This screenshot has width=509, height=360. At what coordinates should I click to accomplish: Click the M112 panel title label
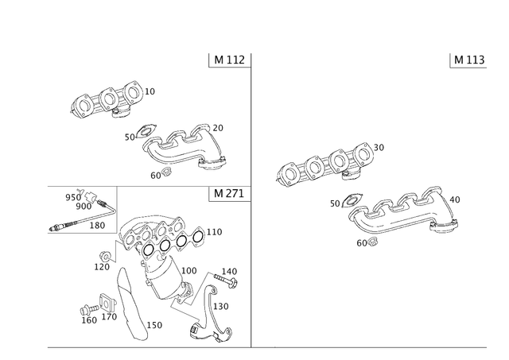pos(231,59)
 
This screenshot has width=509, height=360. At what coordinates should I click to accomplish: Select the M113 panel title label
pos(469,59)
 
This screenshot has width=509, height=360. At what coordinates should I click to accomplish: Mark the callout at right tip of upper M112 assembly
pos(151,91)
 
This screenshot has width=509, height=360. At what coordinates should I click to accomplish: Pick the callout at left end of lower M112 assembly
pos(130,138)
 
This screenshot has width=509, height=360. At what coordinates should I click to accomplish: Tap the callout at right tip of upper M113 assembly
pos(379,147)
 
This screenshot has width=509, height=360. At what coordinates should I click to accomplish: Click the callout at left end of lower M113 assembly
pos(336,204)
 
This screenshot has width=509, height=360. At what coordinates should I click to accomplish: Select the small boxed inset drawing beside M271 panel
pos(81,210)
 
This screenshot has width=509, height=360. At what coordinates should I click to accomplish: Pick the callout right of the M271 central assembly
pos(215,231)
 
